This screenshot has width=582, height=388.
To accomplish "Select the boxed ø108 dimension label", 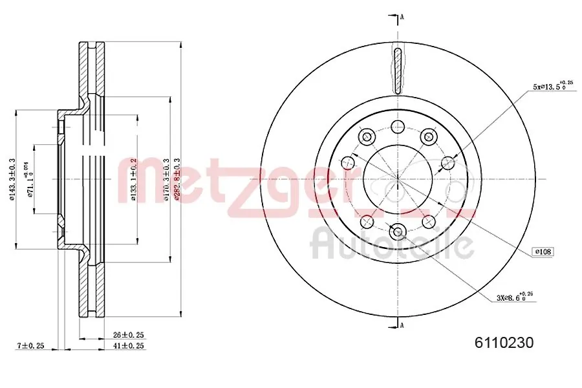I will coord(543,251).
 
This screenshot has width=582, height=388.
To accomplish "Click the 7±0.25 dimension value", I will coord(30,346).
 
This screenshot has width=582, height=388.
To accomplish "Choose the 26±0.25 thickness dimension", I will coord(128,335).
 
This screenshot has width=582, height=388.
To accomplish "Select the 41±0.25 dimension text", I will coord(128,346).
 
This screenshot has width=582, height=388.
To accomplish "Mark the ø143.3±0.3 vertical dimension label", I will coord(11,178).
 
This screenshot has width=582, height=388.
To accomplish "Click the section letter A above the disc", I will coord(402,17).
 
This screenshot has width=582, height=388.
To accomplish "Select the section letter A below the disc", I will coord(402,325).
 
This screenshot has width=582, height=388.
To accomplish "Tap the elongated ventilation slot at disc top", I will coord(397,70).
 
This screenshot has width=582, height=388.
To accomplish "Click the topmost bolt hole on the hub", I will coord(397,127).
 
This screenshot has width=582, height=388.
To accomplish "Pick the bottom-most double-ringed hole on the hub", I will coord(397,230).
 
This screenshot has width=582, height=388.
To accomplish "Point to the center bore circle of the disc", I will coord(397,178).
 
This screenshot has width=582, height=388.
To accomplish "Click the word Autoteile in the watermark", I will coord(392,244).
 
